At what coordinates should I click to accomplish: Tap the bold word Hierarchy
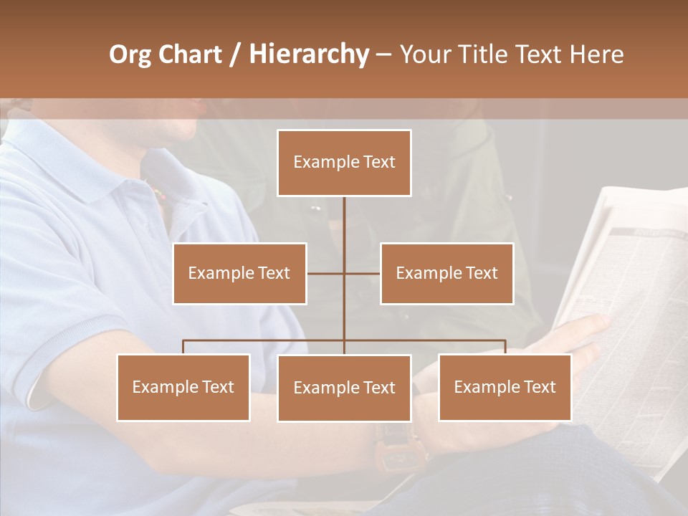pos(308,54)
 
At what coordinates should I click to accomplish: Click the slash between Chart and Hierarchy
pos(235,54)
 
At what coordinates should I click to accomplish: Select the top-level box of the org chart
pos(344,163)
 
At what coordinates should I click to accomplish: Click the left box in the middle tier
pos(239,273)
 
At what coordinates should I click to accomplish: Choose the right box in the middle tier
pos(446,273)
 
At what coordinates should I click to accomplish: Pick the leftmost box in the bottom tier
pos(183,387)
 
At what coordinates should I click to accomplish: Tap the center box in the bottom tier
pos(344,388)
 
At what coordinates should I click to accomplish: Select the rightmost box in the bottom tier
pos(505,387)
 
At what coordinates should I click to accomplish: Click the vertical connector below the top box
pos(344,222)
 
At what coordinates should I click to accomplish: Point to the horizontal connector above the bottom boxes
pos(265,341)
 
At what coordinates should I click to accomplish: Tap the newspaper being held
pos(631,287)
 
